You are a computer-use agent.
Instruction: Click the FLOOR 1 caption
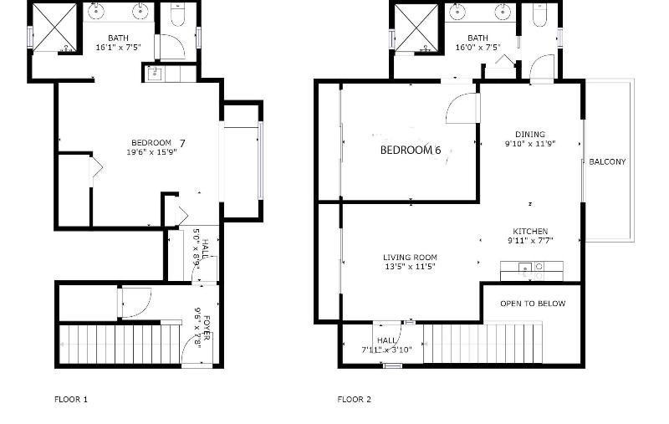coord(71,400)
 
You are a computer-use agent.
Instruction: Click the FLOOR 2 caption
coord(354,400)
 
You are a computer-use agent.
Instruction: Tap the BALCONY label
coord(608,161)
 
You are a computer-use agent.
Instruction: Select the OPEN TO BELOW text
coord(533,304)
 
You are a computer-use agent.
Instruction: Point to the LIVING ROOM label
coord(410,258)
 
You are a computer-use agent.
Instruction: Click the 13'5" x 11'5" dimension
coord(410,267)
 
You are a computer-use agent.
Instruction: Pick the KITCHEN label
coord(530,231)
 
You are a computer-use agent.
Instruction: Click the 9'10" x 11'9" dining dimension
coord(530,144)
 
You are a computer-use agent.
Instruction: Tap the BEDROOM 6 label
coord(411,151)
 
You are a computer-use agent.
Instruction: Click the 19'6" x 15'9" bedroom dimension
coord(151,152)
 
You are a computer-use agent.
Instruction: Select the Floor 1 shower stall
coord(54,28)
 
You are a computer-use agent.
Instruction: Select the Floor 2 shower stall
coord(416,28)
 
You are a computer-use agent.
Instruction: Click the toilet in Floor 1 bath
coord(178,15)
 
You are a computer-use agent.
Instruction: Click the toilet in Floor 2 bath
coord(539,15)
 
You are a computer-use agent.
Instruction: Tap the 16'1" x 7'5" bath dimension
coord(118,48)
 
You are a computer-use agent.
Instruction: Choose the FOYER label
coord(207,328)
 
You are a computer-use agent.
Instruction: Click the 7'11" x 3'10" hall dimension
coord(386,350)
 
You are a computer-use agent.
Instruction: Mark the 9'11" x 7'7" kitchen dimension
coord(530,241)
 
